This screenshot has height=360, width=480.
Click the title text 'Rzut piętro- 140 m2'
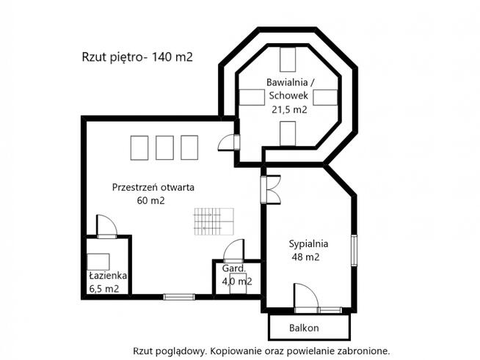point(137,57)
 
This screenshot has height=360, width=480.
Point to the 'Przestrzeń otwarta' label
point(153,187)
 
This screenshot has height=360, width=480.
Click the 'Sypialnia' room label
point(308,243)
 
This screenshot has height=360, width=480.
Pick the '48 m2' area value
point(307,257)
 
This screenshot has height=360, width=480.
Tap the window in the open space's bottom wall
point(178,296)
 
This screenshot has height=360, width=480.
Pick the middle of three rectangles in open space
point(165,147)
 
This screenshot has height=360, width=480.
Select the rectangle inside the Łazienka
point(98,262)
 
